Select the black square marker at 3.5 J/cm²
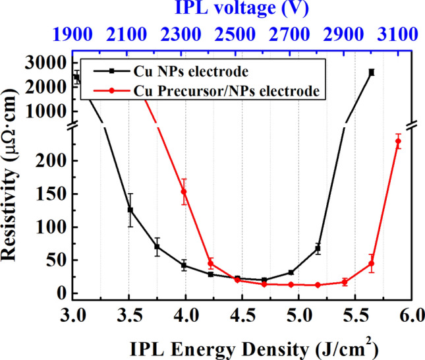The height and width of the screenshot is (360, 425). pos(130,210)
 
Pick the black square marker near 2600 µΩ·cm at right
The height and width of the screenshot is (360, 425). pos(372,73)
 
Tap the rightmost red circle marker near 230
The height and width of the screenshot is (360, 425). pos(398,141)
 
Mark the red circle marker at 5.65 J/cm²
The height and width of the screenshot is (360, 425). pos(371,264)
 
